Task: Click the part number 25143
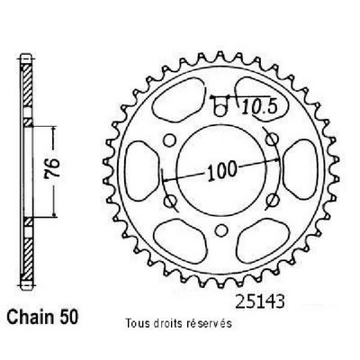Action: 259,301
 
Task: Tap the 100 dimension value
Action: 222,170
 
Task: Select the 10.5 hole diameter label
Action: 258,107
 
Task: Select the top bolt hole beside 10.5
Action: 220,111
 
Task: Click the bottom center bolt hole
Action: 221,230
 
